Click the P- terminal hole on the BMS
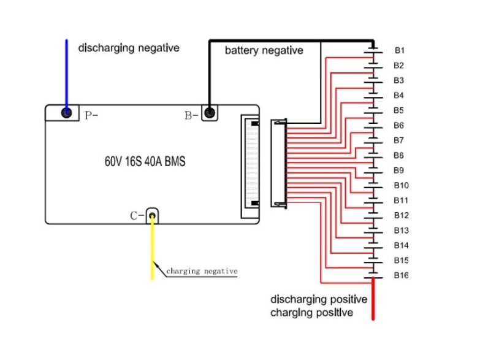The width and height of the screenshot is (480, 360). [66, 113]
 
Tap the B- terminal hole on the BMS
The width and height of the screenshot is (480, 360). [210, 113]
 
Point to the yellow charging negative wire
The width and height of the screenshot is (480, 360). [152, 251]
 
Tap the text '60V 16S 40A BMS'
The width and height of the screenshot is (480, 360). [145, 163]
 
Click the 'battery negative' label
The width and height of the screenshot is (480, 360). [264, 50]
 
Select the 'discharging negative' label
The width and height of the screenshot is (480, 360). [129, 47]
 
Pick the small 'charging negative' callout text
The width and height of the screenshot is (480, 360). [202, 271]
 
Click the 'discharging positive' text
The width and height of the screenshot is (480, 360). [319, 300]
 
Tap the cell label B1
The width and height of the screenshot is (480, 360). [399, 50]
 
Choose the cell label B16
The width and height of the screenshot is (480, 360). [401, 275]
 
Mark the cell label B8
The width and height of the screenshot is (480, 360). [399, 155]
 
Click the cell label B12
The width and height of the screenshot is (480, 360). [401, 215]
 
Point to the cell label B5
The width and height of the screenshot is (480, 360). [399, 110]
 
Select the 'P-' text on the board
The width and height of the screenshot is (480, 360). [91, 115]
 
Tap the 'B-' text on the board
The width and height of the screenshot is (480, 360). [191, 115]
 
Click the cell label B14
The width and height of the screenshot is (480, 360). [401, 245]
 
